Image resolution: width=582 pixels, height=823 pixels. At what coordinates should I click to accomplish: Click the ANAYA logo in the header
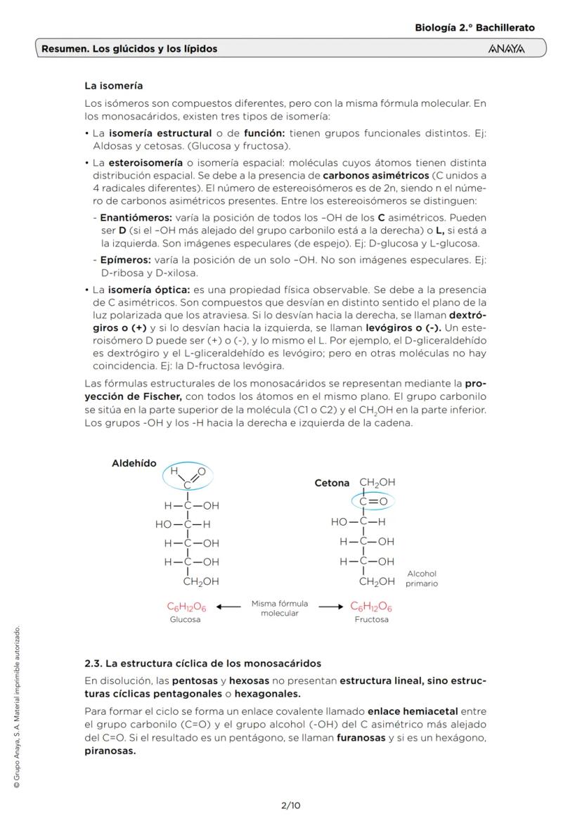[x=506, y=48]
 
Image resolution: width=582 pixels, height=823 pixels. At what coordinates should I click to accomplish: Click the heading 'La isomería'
[x=113, y=86]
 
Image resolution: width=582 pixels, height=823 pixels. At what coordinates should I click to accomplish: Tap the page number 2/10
[x=290, y=805]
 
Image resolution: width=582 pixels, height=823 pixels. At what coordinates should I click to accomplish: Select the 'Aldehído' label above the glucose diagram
[x=134, y=463]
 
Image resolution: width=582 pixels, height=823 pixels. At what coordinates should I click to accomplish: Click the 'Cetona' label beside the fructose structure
[x=332, y=483]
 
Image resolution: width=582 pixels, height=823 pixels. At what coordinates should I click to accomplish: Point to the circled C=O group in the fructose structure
[x=373, y=502]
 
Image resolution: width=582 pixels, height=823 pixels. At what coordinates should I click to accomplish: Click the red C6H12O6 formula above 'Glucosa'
[x=186, y=607]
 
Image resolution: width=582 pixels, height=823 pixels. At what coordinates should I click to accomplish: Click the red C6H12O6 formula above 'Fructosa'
[x=371, y=607]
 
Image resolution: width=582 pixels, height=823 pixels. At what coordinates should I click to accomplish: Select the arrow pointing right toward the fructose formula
[x=331, y=606]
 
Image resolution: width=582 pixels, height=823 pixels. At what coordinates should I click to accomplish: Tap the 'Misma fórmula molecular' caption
[x=280, y=609]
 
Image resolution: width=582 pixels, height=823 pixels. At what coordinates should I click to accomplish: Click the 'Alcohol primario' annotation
[x=421, y=578]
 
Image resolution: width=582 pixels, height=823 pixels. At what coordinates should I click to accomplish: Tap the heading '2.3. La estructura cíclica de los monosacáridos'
[x=202, y=663]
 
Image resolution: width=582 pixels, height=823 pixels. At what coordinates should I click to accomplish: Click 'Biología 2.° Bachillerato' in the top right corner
[x=474, y=28]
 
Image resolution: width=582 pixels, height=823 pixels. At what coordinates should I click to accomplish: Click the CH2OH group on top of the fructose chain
[x=377, y=483]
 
